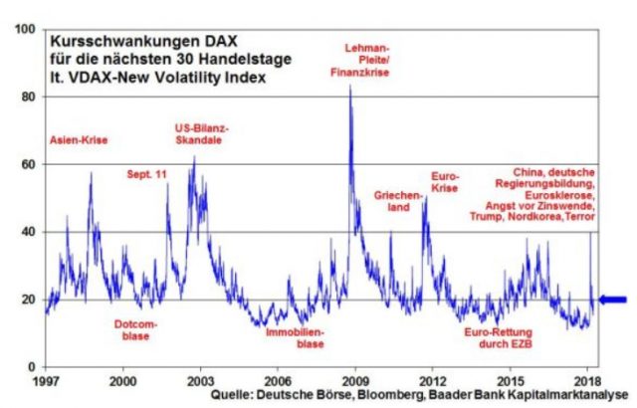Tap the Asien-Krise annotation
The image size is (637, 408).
point(78,140)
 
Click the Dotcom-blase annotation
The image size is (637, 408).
point(129,329)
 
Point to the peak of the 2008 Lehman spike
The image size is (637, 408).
point(349,86)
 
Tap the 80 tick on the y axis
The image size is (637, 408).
point(30,97)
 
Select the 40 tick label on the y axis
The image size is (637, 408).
point(30,232)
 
